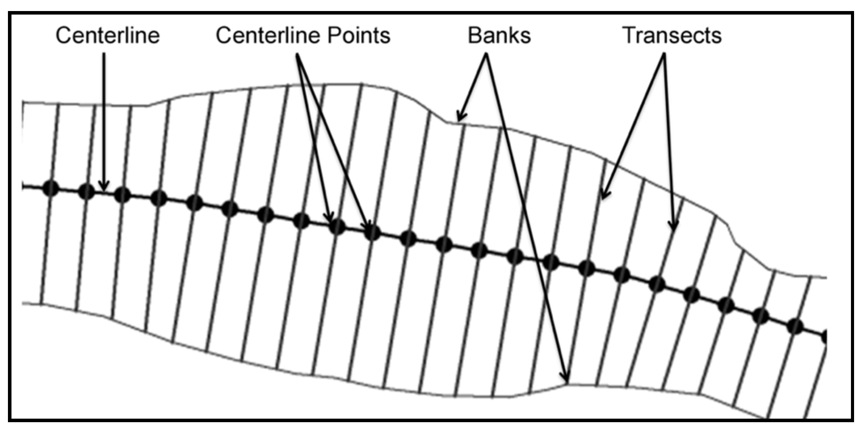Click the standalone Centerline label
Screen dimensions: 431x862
pyautogui.click(x=107, y=35)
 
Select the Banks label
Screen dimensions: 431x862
pyautogui.click(x=499, y=35)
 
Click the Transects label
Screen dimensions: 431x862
pyautogui.click(x=671, y=35)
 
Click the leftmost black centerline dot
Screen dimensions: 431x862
pyautogui.click(x=51, y=189)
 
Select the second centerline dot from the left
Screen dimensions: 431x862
pyautogui.click(x=87, y=191)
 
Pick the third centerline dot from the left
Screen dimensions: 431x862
pyautogui.click(x=122, y=195)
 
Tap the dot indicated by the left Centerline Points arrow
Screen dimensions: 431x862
pyautogui.click(x=336, y=227)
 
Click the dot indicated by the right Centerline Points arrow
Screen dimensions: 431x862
pyautogui.click(x=372, y=232)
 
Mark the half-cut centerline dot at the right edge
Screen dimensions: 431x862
pyautogui.click(x=824, y=337)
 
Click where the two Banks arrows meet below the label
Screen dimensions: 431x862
pyautogui.click(x=487, y=55)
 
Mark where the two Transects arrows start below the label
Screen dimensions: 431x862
pyautogui.click(x=664, y=55)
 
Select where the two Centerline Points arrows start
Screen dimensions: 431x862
pyautogui.click(x=297, y=55)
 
